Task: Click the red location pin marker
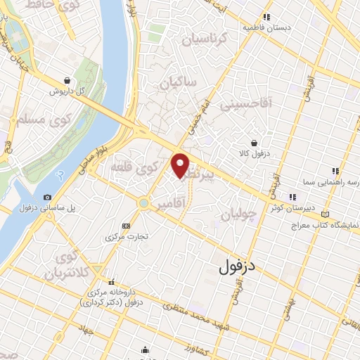181,166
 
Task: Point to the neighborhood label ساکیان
179,83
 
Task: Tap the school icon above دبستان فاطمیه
266,17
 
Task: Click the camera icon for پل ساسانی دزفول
47,198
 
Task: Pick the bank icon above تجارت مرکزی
126,226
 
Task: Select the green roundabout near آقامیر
143,202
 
